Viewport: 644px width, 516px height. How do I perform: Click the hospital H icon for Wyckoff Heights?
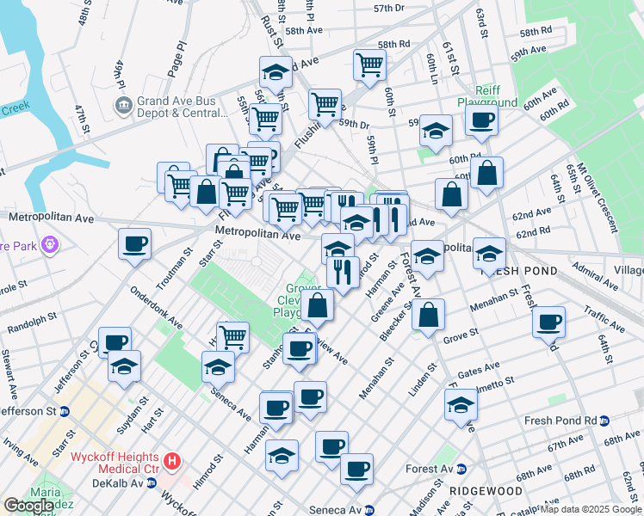pos(172,462)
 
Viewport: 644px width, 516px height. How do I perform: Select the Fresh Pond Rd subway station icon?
pos(604,421)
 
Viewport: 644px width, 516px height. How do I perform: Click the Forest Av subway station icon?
pos(461,470)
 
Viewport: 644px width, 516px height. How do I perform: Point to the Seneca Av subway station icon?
pos(370,510)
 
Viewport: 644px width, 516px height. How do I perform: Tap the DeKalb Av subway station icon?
pos(152,483)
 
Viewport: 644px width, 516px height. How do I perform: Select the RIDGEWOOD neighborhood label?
pos(486,490)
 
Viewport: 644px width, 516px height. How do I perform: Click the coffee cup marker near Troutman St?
pos(134,243)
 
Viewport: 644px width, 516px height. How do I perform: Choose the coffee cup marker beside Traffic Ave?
pos(548,322)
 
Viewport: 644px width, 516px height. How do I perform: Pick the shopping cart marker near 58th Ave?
pos(369,64)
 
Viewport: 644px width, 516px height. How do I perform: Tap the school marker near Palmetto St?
pos(461,404)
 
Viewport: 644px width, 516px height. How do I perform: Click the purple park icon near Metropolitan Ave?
pos(51,245)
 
